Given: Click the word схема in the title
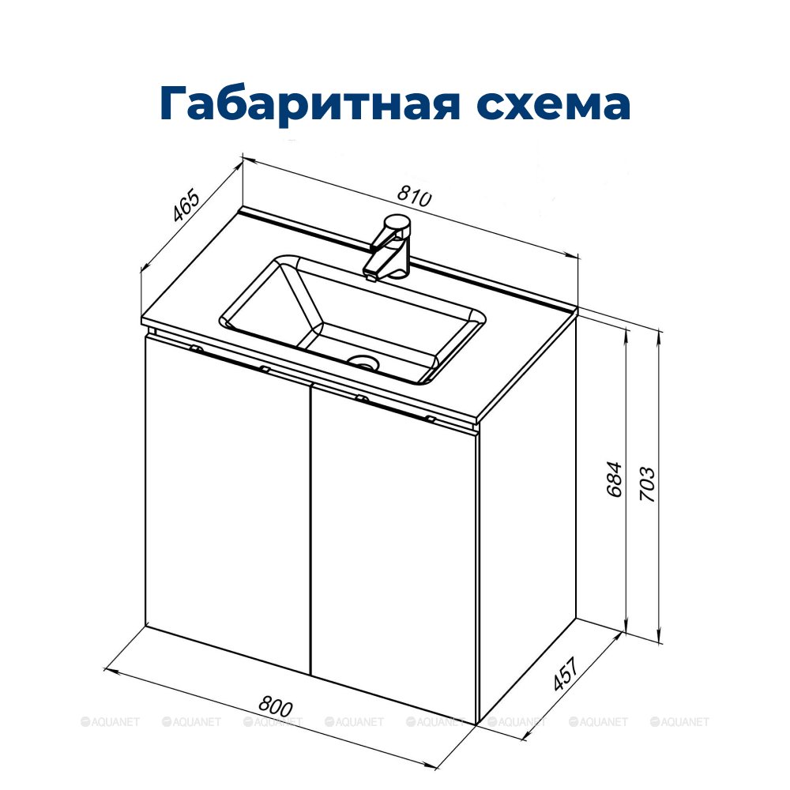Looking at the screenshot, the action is [x=554, y=103].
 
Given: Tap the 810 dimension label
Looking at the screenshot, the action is [x=414, y=195].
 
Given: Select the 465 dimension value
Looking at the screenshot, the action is [x=186, y=205].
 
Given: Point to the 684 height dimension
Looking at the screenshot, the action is [x=614, y=479].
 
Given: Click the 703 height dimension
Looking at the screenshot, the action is [x=647, y=484].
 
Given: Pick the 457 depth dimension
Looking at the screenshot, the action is [x=565, y=674].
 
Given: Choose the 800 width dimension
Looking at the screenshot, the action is [x=275, y=706].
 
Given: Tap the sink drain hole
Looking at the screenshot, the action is [x=363, y=362].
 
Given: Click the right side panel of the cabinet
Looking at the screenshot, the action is [x=527, y=519].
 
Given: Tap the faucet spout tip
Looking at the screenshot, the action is [x=371, y=275].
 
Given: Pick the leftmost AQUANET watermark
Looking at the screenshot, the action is [x=111, y=721].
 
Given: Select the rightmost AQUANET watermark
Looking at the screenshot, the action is [x=679, y=721].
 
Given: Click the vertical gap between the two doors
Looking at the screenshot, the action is [x=310, y=530].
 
